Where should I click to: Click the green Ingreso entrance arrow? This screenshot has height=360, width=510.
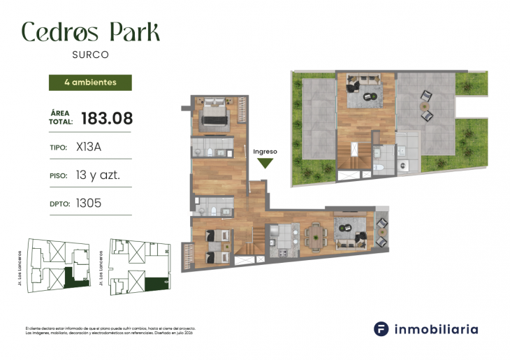pyautogui.click(x=265, y=164)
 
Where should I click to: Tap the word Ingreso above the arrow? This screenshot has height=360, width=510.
pyautogui.click(x=265, y=151)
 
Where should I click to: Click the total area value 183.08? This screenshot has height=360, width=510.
pyautogui.click(x=107, y=118)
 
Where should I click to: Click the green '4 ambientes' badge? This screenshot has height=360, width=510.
pyautogui.click(x=90, y=82)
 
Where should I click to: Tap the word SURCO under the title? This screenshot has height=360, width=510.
pyautogui.click(x=90, y=54)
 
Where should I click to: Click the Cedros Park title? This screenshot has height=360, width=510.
pyautogui.click(x=90, y=31)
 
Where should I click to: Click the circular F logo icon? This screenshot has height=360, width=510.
pyautogui.click(x=381, y=329)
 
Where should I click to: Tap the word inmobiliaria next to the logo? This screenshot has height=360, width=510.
pyautogui.click(x=437, y=329)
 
